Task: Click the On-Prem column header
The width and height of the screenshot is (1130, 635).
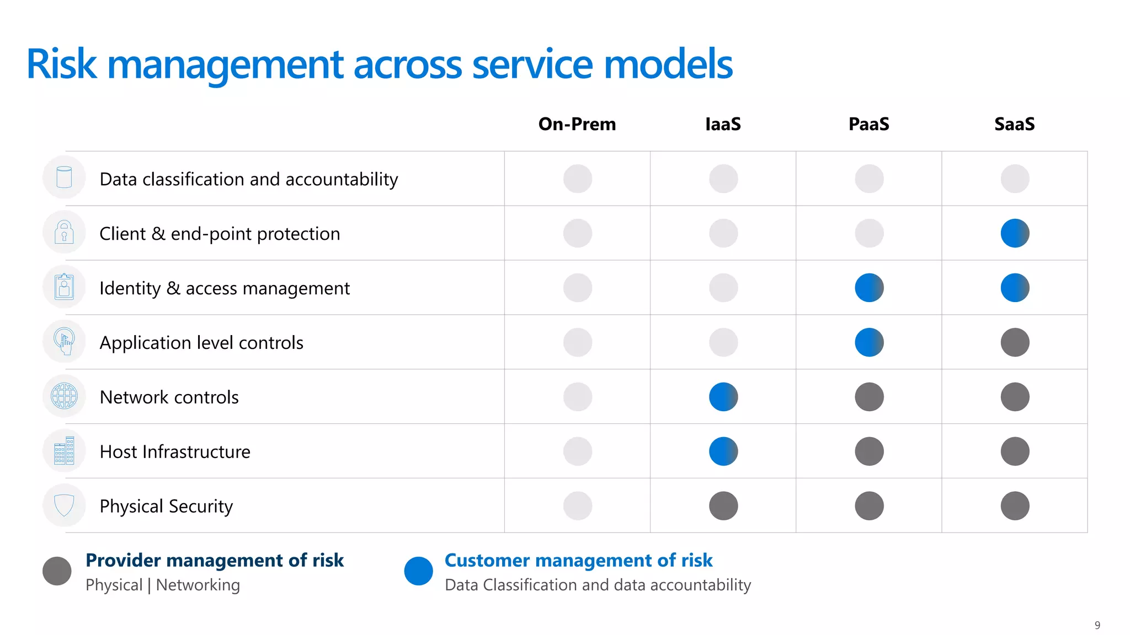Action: [x=577, y=124]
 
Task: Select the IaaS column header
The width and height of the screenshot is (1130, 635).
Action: [x=723, y=124]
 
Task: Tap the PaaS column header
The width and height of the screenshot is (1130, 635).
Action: [x=868, y=124]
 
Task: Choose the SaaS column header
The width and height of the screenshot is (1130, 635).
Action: [x=1014, y=124]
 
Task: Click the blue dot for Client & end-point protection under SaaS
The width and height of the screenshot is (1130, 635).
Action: [x=1015, y=233]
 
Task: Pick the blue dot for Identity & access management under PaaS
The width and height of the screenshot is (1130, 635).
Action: [x=869, y=288]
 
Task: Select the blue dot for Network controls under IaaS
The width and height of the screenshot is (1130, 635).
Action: [x=723, y=397]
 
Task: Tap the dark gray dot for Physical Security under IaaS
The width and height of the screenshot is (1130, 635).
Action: [x=723, y=506]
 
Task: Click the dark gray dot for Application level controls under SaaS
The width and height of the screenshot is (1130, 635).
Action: [x=1015, y=342]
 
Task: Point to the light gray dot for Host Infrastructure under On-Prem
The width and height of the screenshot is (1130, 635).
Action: [x=578, y=451]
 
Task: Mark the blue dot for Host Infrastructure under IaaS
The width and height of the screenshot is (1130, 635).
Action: [x=723, y=451]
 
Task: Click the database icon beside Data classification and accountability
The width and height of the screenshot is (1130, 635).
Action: [x=64, y=177]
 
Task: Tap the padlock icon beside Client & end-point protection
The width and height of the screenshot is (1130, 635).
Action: [x=64, y=232]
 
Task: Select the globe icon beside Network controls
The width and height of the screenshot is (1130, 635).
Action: [x=64, y=396]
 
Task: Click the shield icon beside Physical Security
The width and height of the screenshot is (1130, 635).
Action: [x=64, y=505]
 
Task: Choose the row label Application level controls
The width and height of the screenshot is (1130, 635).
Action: [x=201, y=343]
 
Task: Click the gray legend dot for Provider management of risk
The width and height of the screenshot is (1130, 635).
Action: [x=57, y=571]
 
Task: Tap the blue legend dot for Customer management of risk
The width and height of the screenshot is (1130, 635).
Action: [x=418, y=571]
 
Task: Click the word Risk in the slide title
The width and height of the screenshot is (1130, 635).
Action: [x=62, y=64]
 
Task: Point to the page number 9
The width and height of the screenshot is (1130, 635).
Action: [x=1097, y=625]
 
